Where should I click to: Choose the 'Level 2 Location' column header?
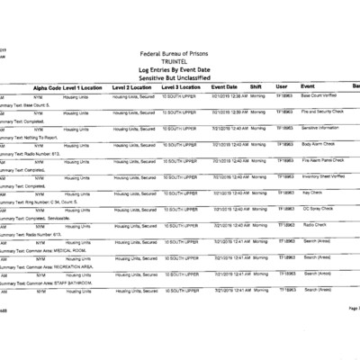click(x=133, y=86)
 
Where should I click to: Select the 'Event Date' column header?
click(x=224, y=86)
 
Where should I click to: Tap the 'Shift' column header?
click(x=256, y=86)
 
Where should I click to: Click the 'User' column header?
click(x=282, y=86)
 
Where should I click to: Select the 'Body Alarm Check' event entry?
click(x=319, y=144)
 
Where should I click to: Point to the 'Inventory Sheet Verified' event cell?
click(x=325, y=176)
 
